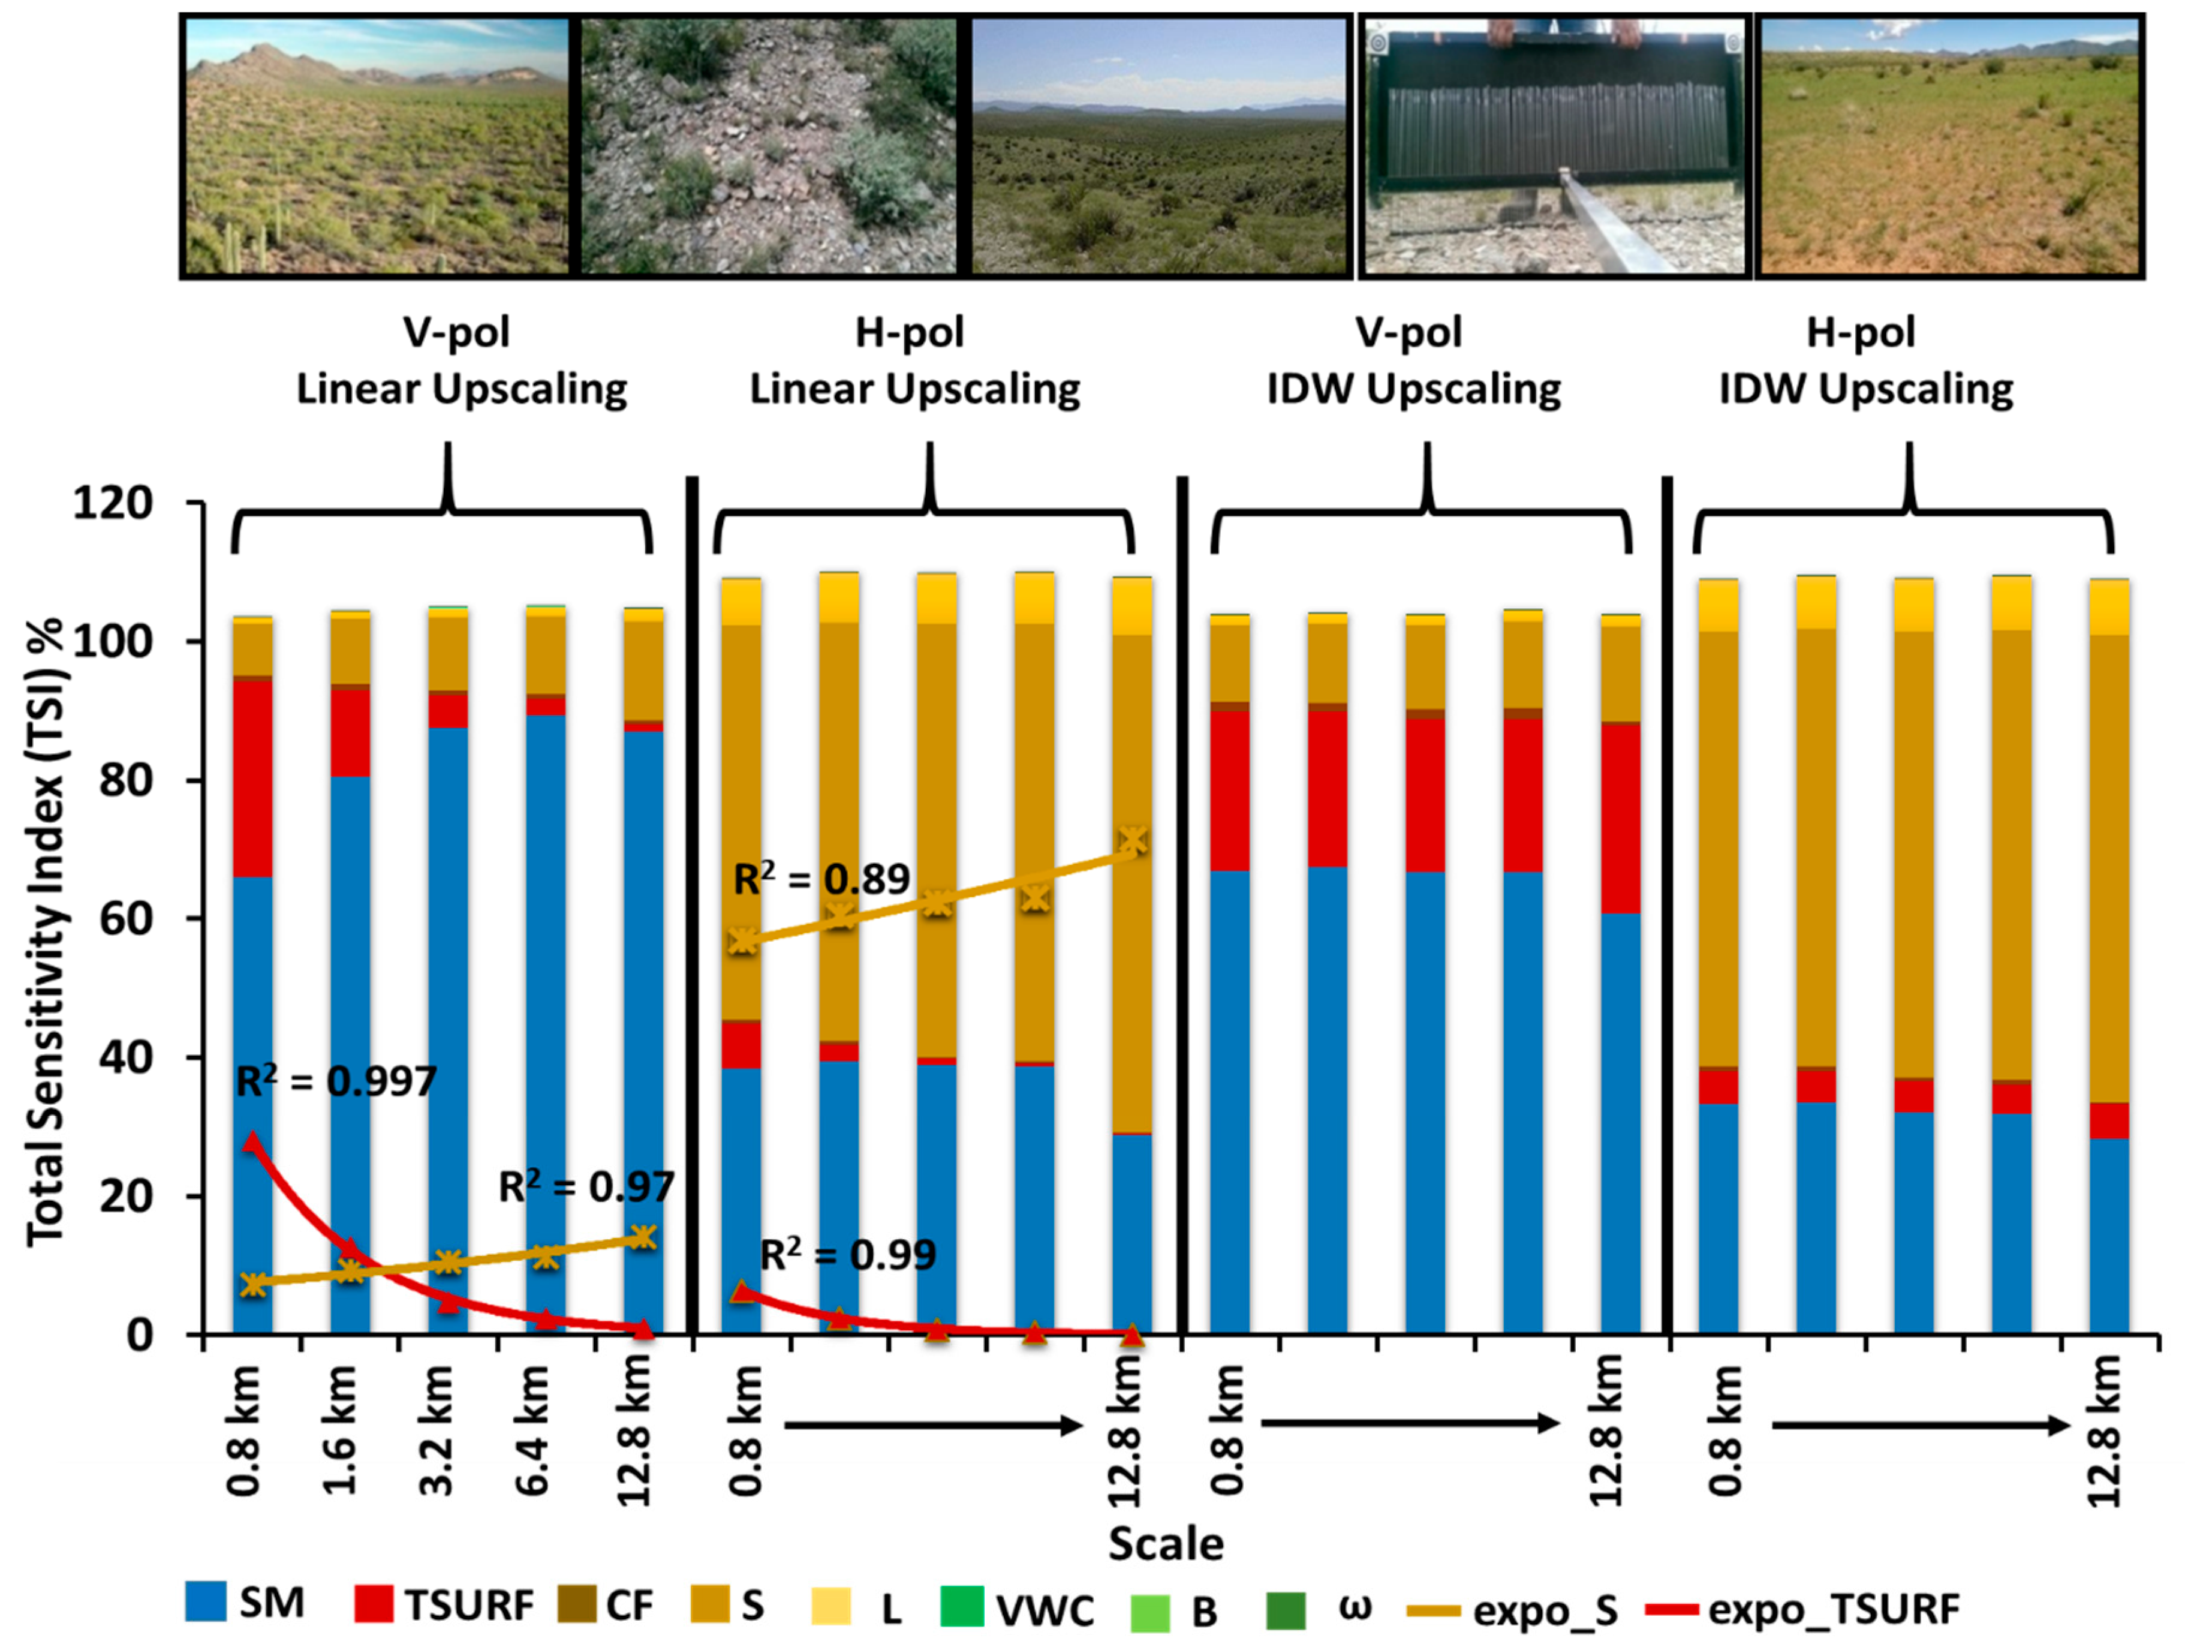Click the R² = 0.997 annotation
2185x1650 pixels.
pos(336,1083)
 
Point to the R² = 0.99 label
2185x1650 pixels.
pos(847,1255)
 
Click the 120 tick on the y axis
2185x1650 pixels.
pos(113,504)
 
